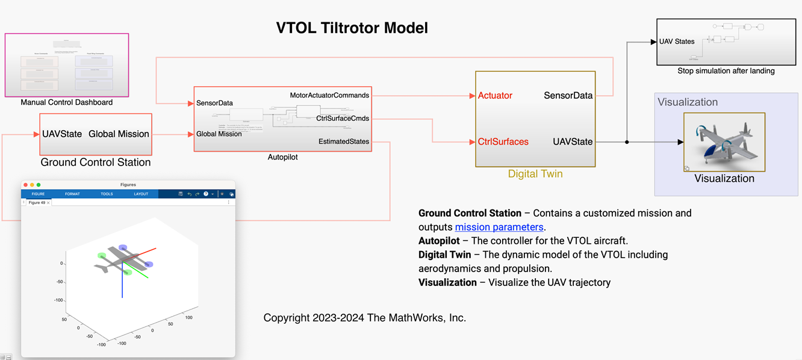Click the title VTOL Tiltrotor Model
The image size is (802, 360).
352,28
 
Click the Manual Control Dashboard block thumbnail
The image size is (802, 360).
67,65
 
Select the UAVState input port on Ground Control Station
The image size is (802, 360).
62,134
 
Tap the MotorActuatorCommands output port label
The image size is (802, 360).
329,95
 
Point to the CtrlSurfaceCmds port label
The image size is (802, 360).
342,119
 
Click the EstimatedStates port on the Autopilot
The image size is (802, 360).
344,141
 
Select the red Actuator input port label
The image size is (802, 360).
495,95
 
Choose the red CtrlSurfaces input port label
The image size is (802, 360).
503,142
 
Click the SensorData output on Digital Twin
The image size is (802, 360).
568,95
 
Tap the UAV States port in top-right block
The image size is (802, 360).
677,42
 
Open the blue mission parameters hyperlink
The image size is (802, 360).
499,227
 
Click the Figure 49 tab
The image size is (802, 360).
37,203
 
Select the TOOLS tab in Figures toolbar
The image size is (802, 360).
107,194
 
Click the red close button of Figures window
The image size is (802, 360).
26,185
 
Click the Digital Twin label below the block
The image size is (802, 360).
535,174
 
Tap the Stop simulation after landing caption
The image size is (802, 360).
726,71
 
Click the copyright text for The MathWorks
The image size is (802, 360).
364,318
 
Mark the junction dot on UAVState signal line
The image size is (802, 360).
627,142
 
